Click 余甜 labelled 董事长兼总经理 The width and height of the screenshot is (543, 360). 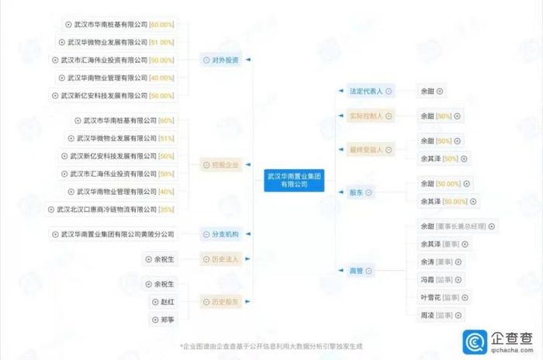click(456, 227)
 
